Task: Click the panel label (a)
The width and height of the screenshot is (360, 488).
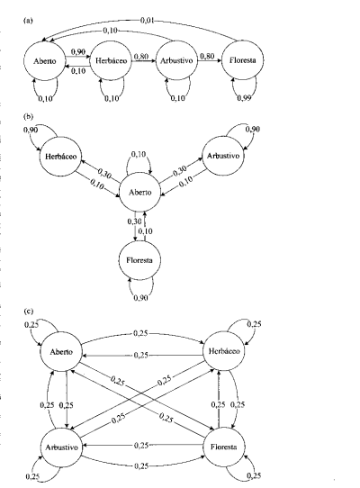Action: [28, 21]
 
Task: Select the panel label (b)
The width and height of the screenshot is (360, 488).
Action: [28, 116]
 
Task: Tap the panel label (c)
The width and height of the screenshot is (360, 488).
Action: [28, 311]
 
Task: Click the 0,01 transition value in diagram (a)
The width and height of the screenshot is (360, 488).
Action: [148, 21]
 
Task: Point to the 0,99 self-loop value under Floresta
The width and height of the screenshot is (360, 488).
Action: [244, 98]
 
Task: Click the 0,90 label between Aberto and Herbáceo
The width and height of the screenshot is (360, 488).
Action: [77, 51]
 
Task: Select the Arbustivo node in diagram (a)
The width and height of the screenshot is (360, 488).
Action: [176, 60]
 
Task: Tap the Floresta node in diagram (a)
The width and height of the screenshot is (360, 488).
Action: [243, 60]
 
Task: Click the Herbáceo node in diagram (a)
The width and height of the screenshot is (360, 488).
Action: [111, 60]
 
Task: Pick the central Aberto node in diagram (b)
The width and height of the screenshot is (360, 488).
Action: [140, 192]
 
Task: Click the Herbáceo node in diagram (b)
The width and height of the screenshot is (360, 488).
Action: [60, 156]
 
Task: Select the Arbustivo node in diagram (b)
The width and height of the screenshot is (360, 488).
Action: [223, 156]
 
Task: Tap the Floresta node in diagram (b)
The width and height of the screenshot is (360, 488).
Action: [139, 260]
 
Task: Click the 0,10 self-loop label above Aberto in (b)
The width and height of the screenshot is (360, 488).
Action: [139, 154]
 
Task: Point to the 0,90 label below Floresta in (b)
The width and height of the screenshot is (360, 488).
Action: [141, 298]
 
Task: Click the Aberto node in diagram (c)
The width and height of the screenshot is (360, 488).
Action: [61, 352]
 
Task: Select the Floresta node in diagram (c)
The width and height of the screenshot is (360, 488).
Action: [224, 447]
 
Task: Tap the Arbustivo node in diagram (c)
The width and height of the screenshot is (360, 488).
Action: [61, 447]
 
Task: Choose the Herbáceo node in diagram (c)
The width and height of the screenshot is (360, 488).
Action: [224, 351]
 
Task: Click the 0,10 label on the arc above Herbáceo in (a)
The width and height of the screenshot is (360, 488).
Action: [110, 31]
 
